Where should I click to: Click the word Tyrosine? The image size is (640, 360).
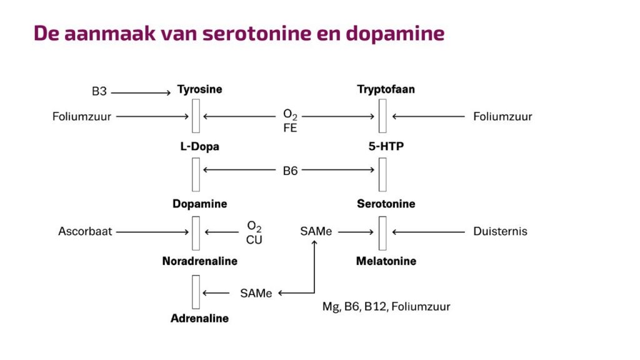(x=199, y=89)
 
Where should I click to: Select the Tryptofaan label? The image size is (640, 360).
(x=386, y=89)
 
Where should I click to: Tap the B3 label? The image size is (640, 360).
(x=99, y=91)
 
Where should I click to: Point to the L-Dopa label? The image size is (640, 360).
(x=199, y=146)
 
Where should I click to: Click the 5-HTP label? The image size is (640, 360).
(x=386, y=146)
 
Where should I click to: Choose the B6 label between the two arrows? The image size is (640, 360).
(x=290, y=171)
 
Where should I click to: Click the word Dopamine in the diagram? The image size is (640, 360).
(x=199, y=204)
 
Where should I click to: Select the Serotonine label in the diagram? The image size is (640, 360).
(x=386, y=204)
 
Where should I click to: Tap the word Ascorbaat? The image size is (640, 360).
(x=85, y=231)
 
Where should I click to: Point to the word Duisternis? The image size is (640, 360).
(x=501, y=231)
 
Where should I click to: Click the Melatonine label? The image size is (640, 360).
(x=386, y=261)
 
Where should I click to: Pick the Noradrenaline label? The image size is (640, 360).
(x=199, y=261)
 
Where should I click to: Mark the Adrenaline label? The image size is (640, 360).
(x=199, y=318)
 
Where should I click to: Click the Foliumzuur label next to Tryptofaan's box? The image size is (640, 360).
(x=502, y=117)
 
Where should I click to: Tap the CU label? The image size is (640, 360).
(x=254, y=240)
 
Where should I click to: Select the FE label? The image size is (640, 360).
(x=290, y=128)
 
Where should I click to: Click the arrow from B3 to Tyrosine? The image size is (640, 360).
(x=141, y=93)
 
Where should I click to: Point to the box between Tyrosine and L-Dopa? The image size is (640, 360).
(x=196, y=116)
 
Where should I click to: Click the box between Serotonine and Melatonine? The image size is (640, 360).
(x=382, y=233)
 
